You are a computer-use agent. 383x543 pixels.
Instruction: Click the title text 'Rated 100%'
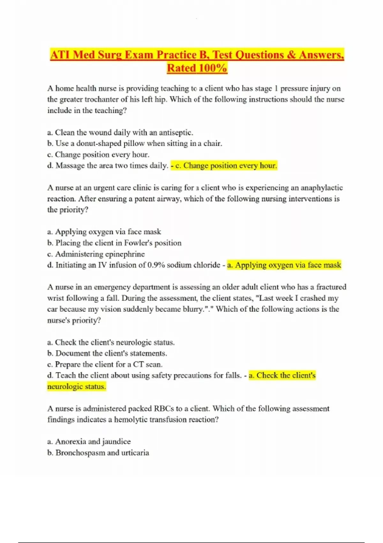click(197, 68)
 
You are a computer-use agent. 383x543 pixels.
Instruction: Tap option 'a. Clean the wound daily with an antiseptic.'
click(120, 133)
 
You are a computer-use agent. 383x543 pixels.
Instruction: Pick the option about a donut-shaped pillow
click(134, 143)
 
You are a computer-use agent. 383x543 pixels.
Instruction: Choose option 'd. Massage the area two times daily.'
click(107, 165)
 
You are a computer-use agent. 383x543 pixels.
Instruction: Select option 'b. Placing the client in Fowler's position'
click(114, 243)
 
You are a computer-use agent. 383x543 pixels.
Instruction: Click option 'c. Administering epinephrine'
click(96, 254)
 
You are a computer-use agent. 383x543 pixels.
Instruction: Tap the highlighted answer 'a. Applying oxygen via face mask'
click(284, 265)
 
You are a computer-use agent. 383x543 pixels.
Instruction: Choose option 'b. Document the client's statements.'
click(107, 353)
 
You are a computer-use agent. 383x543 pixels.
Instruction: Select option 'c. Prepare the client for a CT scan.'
click(105, 364)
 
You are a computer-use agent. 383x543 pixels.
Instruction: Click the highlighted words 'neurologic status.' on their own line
click(77, 386)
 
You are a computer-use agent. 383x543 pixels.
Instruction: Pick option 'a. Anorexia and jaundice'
click(89, 441)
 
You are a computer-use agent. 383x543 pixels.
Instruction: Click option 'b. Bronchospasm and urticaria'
click(98, 453)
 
